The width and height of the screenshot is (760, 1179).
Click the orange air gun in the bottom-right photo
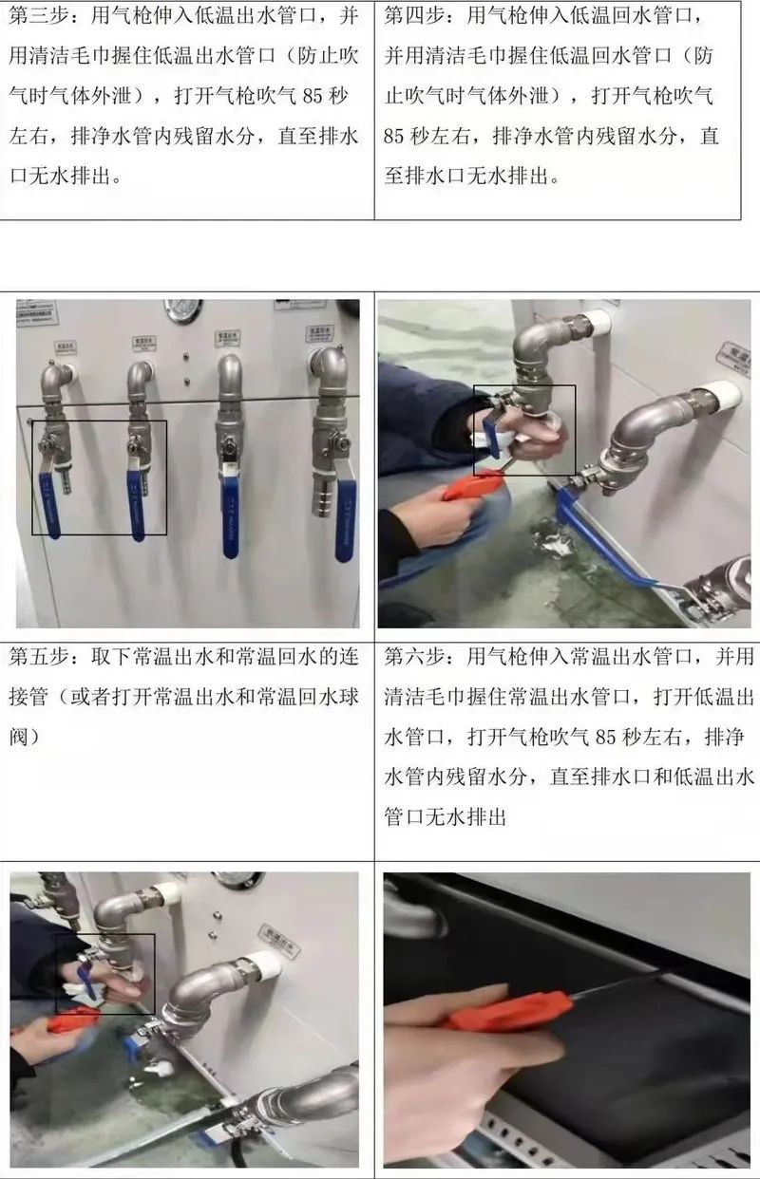503,1011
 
